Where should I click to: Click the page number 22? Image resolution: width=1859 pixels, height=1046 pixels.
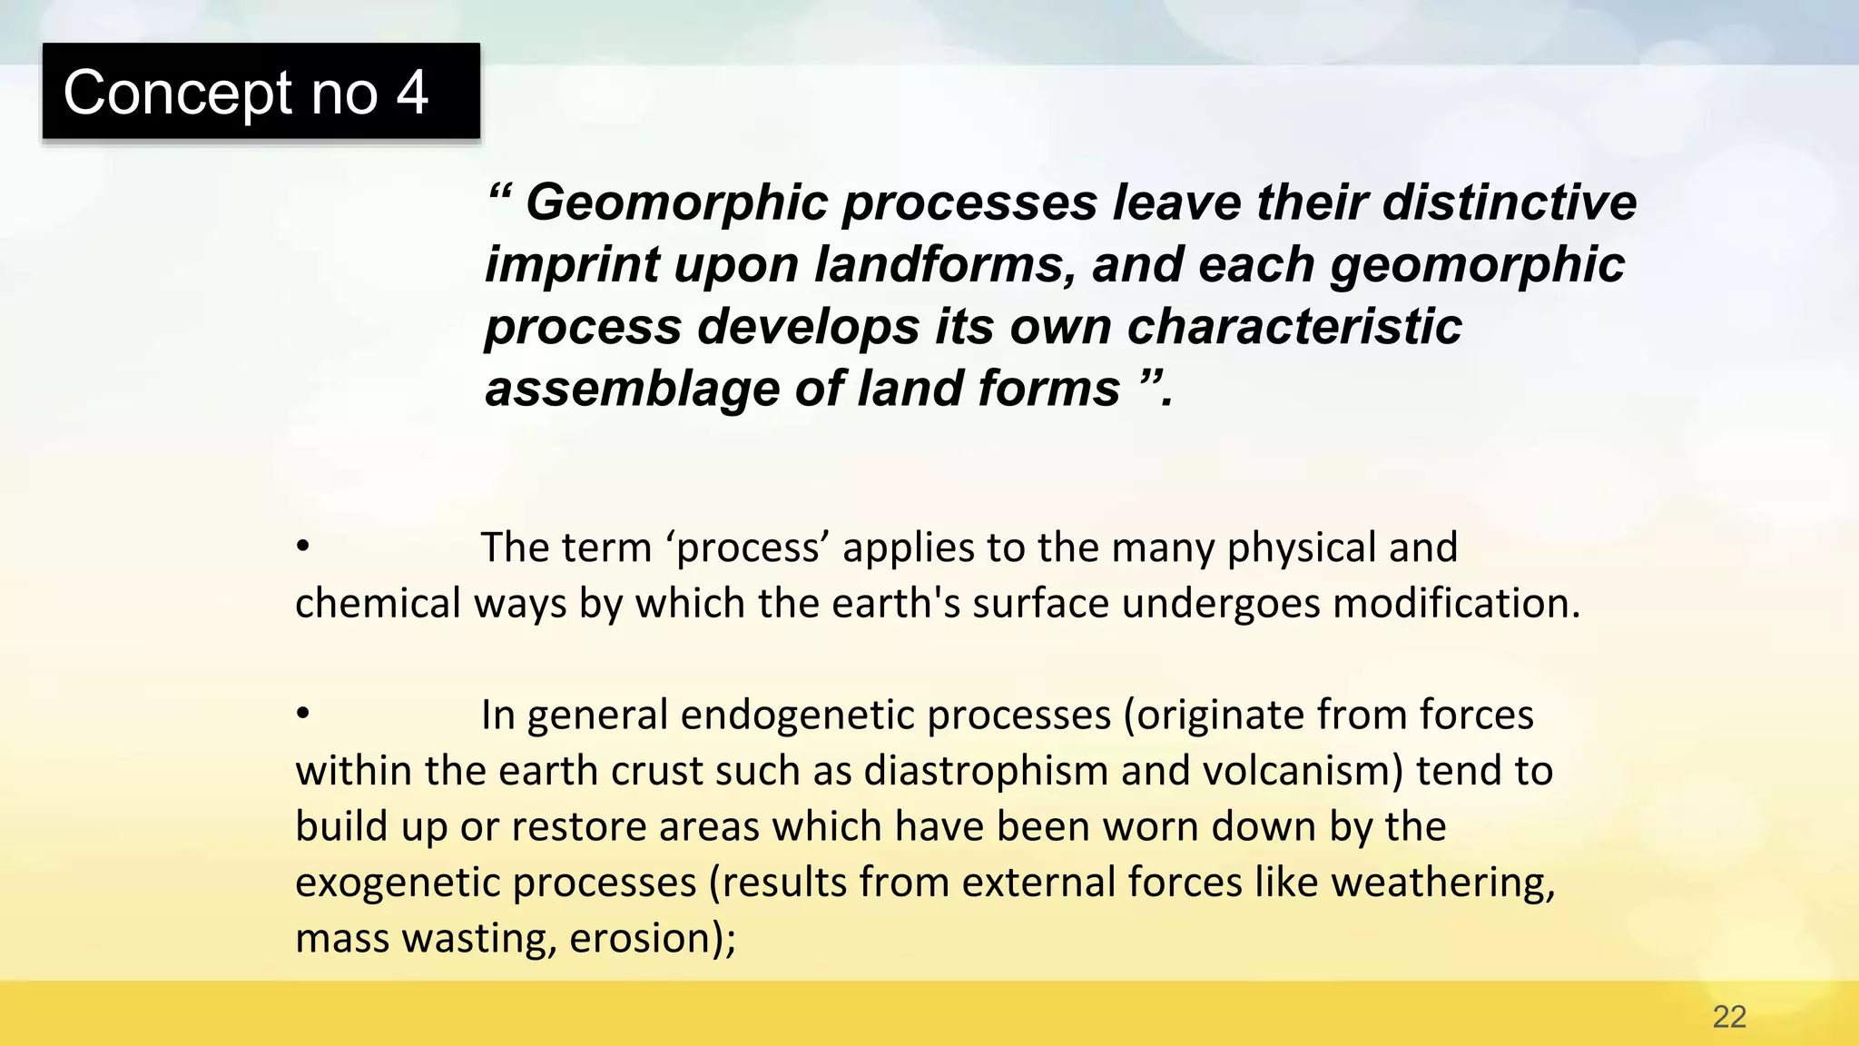coord(1729,1016)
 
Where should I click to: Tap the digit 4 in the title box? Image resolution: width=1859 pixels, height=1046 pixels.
coord(411,93)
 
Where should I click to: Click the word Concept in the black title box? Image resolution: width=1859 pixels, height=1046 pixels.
coord(178,93)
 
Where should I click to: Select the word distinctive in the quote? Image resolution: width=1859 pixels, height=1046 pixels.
coord(1510,202)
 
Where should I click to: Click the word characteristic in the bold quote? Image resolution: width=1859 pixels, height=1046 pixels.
coord(1293,326)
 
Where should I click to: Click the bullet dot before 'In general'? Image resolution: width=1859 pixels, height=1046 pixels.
coord(303,714)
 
